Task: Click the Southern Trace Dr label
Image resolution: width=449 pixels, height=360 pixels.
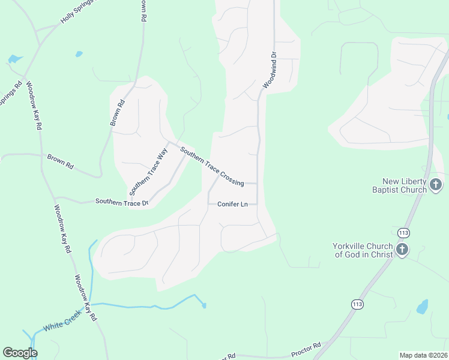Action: [122, 202]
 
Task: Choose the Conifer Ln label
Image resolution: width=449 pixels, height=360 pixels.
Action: [232, 205]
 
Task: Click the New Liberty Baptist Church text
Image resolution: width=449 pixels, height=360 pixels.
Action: [405, 185]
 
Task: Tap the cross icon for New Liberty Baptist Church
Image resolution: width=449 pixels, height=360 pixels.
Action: [436, 185]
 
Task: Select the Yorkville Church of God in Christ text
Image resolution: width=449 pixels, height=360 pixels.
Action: [363, 250]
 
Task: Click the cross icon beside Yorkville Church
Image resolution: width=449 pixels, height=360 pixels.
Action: [402, 250]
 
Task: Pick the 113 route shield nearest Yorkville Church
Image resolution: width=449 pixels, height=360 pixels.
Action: [403, 232]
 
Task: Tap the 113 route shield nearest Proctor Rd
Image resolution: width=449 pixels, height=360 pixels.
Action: [357, 304]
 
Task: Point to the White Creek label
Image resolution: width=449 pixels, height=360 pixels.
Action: [63, 325]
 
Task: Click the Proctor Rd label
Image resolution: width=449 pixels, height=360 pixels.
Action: [306, 347]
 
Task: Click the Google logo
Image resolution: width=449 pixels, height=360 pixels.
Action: [20, 353]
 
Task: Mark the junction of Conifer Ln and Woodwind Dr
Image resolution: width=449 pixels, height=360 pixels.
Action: [258, 205]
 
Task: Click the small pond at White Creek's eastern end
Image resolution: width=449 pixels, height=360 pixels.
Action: [204, 305]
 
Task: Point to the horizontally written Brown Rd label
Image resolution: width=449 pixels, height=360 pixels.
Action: [60, 161]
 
